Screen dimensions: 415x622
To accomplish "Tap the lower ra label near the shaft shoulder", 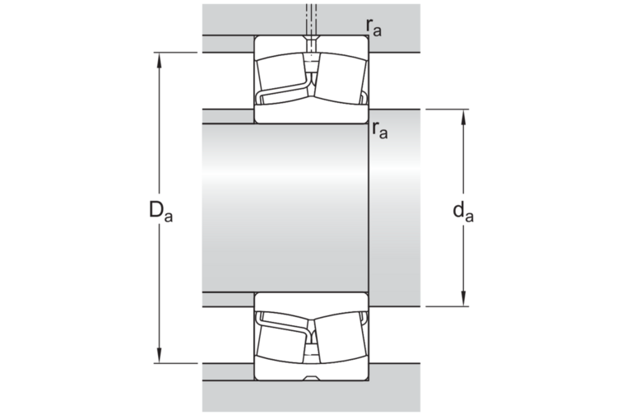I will tap(380, 129).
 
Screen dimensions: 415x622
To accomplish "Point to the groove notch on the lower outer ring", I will tap(311, 378).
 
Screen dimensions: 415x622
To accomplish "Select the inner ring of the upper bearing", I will tap(311, 114).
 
